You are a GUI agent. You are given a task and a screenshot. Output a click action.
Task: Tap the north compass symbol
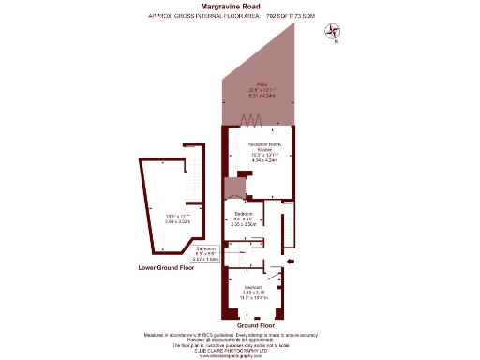pos(332,32)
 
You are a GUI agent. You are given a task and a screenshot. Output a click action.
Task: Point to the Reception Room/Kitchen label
pos(263,146)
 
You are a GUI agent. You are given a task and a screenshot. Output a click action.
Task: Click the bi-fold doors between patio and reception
pos(251,119)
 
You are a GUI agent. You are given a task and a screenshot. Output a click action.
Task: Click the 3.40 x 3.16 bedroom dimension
pos(254,292)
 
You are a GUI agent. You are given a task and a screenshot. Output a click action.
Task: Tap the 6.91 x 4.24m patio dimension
pos(256,95)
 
